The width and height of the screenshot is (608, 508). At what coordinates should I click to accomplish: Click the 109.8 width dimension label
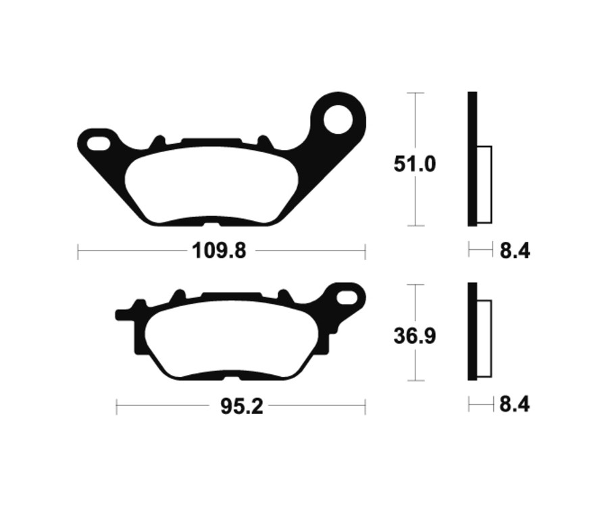220,251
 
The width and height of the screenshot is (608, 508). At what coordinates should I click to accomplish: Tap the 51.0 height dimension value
415,164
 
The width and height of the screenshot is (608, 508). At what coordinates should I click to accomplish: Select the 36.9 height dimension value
415,336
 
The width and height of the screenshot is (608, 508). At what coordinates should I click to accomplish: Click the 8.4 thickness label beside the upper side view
515,251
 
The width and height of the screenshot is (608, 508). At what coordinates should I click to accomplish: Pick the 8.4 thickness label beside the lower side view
515,405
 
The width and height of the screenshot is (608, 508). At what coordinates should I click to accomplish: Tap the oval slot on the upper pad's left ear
98,143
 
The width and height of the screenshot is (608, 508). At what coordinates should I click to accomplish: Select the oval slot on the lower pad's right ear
347,297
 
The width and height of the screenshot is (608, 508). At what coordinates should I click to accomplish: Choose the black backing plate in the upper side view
472,159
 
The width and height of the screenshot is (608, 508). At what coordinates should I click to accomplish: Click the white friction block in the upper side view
484,184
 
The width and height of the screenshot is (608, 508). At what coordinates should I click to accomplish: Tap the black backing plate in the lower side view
472,331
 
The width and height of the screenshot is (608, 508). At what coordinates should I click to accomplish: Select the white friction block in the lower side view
484,338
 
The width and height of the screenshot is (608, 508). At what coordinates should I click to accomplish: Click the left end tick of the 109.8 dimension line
78,251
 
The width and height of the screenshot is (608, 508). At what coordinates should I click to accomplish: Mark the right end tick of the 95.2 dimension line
365,407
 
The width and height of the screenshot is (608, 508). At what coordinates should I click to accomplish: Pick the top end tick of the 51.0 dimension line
415,93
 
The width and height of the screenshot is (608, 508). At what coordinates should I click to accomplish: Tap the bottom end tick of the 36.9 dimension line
415,380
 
